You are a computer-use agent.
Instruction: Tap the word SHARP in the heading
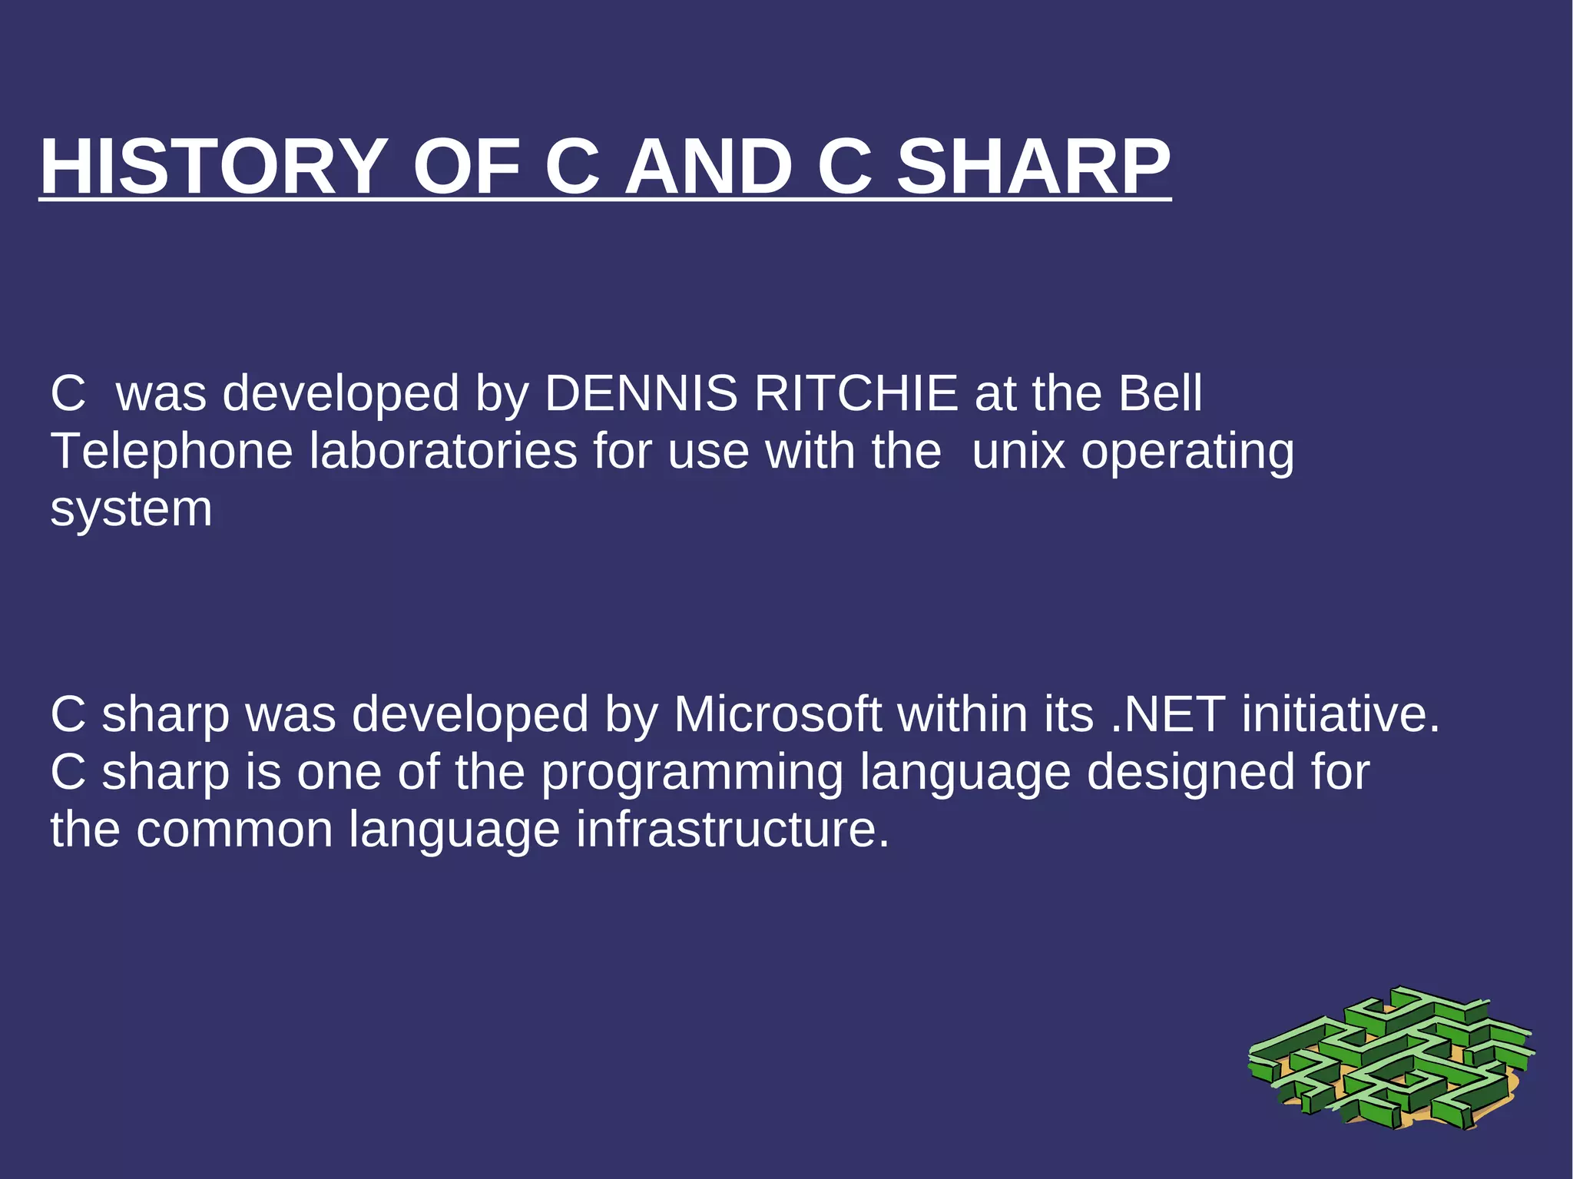[x=1034, y=167]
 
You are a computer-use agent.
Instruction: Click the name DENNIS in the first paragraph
[x=641, y=393]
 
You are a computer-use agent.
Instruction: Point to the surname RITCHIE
[x=856, y=393]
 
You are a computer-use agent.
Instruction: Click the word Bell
[x=1160, y=393]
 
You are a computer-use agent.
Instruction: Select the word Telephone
[x=171, y=451]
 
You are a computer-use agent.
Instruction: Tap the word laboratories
[x=443, y=451]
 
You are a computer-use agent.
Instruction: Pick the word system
[x=131, y=510]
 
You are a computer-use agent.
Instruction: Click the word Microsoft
[x=777, y=714]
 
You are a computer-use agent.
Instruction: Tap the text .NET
[x=1168, y=714]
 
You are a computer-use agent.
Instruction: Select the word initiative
[x=1340, y=714]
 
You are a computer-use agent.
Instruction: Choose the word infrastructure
[x=733, y=830]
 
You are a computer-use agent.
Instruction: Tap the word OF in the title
[x=466, y=167]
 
